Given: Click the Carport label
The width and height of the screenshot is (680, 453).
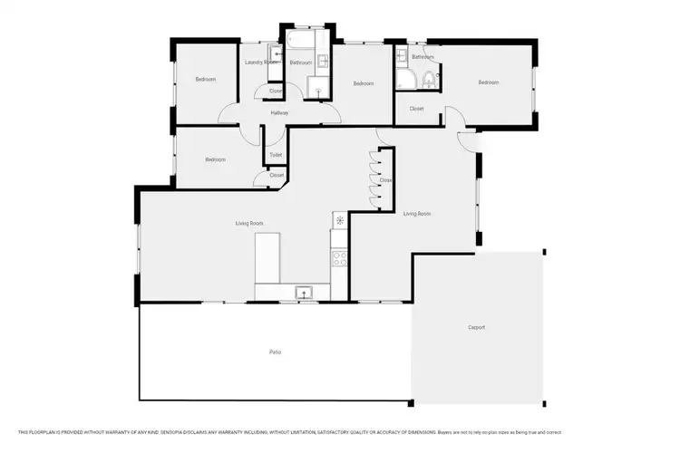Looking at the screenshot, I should point(476,327).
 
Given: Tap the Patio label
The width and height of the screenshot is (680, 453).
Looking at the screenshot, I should point(274,352).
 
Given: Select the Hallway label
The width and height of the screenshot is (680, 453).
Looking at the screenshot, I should point(279,112).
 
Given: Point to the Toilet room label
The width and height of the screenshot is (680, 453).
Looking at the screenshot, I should point(276,155).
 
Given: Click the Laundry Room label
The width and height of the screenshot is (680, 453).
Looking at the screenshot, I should point(261,63).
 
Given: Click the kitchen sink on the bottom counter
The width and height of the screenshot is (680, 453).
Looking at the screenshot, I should point(304,292).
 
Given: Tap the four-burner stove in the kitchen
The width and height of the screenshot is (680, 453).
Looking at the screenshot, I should point(340,258).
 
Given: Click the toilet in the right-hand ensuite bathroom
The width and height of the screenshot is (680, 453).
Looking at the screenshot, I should point(432,82).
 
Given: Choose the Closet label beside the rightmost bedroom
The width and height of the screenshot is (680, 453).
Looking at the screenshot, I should point(416,109).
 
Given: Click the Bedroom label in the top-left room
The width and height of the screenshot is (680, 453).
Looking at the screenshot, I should point(206,80).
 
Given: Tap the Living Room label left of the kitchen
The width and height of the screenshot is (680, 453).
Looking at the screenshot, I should point(249,223).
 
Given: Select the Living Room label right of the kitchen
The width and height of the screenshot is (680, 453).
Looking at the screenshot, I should point(417,214).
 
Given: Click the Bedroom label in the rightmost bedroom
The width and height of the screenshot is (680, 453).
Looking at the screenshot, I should point(489,82).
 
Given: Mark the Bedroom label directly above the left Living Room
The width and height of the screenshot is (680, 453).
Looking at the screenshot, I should point(215,159).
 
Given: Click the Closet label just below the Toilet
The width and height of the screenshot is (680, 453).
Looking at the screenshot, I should point(277,175).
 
